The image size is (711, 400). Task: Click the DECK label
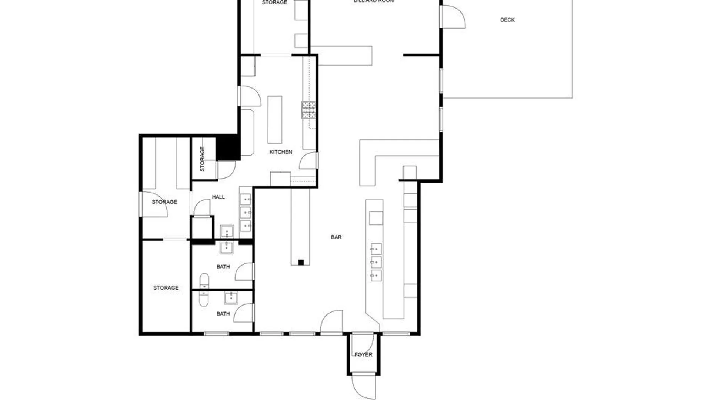click(507, 20)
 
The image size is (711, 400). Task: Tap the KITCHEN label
click(281, 152)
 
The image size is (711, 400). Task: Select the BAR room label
click(336, 237)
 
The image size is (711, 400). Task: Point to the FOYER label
click(363, 354)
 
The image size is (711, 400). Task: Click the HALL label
click(218, 197)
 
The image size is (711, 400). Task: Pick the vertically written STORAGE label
click(202, 159)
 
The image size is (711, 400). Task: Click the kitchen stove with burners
click(308, 110)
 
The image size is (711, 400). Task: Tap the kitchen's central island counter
click(275, 120)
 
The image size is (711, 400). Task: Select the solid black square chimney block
click(228, 147)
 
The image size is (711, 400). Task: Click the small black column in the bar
click(301, 263)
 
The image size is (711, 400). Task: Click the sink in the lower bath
click(231, 297)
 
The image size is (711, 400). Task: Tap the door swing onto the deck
click(454, 17)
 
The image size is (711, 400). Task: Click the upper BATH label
click(223, 267)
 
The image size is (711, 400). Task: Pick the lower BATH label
click(223, 314)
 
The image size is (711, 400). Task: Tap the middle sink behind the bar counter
click(376, 262)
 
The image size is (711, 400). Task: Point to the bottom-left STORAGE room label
click(166, 288)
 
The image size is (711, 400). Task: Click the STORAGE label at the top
click(274, 3)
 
